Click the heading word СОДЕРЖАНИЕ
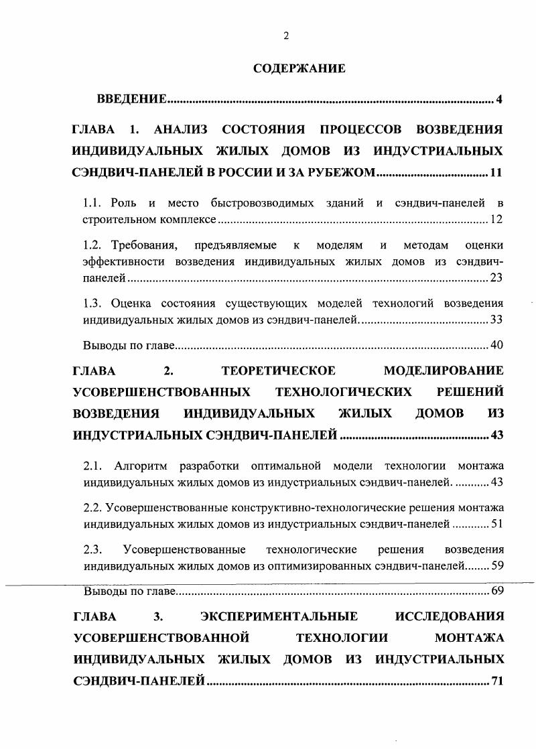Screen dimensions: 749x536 coord(299,68)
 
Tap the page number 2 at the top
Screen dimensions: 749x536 coord(285,36)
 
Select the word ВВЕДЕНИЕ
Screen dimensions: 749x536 coord(131,100)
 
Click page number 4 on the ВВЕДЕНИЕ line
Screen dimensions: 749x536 coord(499,100)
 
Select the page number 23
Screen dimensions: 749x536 coord(496,277)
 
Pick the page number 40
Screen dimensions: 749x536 coord(496,346)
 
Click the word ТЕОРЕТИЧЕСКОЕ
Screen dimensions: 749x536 coord(278,370)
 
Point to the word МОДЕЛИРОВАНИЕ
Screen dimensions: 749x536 coord(444,370)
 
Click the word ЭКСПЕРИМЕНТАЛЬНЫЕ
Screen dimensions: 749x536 coord(279,616)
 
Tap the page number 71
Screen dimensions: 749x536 coord(496,681)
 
